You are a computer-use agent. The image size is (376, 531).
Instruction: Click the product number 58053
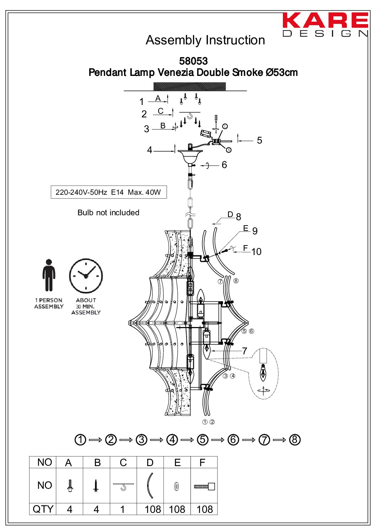tap(193, 61)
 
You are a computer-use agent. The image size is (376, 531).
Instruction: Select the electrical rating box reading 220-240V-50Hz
tap(108, 192)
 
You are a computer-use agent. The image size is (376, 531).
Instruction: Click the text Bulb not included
tap(108, 212)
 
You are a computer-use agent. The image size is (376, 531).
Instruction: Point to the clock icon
tap(86, 276)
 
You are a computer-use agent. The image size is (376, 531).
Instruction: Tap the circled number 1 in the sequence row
tap(80, 439)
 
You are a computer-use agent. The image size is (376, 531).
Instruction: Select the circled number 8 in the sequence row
tap(295, 439)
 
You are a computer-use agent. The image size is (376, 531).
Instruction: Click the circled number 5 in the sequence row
tap(203, 439)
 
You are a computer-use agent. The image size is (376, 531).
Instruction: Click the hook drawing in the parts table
tap(123, 486)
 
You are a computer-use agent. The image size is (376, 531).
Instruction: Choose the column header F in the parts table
tap(203, 463)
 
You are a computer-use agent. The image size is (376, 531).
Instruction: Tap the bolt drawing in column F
tap(204, 486)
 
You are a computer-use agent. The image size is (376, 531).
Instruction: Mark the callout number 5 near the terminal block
tap(259, 140)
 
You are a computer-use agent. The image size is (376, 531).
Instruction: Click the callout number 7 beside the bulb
tap(245, 351)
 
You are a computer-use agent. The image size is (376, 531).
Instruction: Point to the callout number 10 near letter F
tap(256, 252)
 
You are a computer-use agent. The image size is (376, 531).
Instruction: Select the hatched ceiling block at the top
tap(189, 87)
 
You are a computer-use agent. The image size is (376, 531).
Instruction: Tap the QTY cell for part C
tap(123, 509)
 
